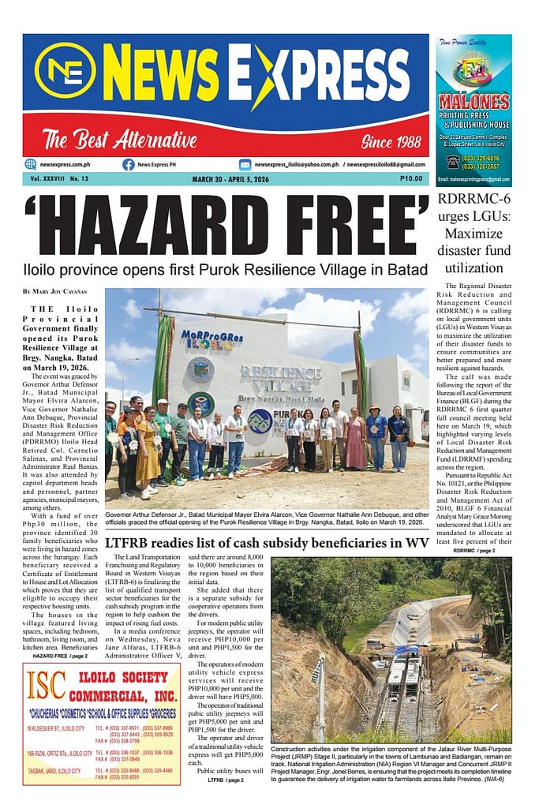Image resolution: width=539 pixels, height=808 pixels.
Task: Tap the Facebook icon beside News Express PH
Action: click(128, 164)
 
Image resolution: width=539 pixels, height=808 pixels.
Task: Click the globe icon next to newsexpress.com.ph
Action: click(31, 164)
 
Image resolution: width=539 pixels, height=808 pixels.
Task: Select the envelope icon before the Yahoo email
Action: click(245, 164)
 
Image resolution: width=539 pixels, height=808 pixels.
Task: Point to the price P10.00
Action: click(410, 179)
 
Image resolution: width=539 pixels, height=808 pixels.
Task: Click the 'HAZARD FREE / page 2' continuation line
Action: click(60, 656)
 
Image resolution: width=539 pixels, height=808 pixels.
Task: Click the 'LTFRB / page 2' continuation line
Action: click(225, 780)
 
